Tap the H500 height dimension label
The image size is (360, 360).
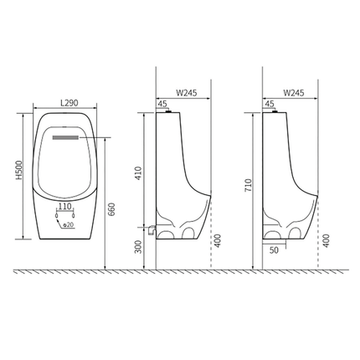(18, 169)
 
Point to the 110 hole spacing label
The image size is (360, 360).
(64, 207)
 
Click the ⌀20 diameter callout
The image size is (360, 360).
(68, 224)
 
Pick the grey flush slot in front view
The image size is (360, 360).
(65, 137)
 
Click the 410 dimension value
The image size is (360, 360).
(139, 173)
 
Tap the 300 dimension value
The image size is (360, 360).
(138, 247)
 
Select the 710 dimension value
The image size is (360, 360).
(248, 185)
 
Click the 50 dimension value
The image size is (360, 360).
(274, 250)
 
